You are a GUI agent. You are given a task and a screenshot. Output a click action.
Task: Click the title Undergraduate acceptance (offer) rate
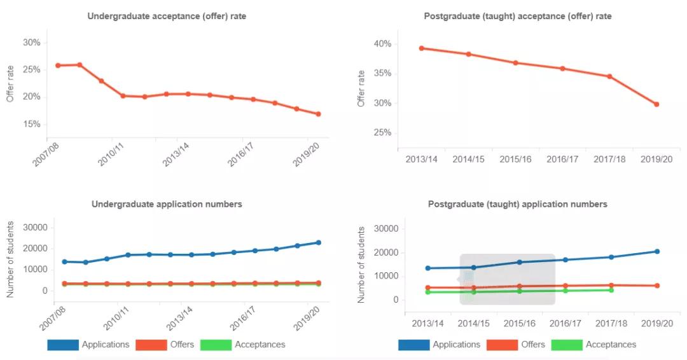click(x=167, y=17)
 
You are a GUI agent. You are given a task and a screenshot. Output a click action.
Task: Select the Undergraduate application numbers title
click(x=167, y=204)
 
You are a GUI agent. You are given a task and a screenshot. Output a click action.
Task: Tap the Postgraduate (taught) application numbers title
click(x=517, y=204)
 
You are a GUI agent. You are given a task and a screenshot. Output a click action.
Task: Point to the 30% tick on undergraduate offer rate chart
click(x=31, y=43)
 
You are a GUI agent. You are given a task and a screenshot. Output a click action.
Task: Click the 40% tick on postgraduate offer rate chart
click(x=382, y=44)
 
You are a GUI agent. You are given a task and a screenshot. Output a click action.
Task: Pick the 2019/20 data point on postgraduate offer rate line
click(x=656, y=104)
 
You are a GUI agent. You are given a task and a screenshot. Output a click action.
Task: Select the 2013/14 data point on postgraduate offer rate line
click(x=421, y=48)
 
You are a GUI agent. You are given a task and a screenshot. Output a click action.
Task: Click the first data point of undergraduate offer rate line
click(x=58, y=65)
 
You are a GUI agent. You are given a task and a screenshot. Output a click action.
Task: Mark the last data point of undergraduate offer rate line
click(x=318, y=114)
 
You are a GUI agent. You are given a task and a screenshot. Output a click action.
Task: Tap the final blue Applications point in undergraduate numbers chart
click(x=318, y=242)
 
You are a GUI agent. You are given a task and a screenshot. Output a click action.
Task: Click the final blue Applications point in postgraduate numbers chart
click(x=656, y=251)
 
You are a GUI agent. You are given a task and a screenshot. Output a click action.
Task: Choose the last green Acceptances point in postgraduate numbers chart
click(x=611, y=290)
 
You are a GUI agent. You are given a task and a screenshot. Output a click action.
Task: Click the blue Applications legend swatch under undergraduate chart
click(x=62, y=345)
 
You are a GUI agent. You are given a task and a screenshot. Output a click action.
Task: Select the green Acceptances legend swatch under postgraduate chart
click(x=566, y=345)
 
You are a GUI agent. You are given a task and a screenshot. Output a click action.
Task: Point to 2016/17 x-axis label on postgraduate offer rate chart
click(x=562, y=159)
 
